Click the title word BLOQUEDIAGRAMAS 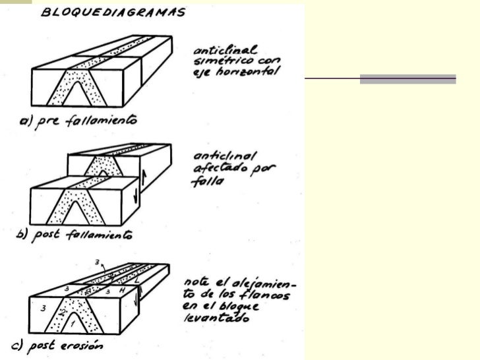pos(113,13)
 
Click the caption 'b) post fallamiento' pos(73,235)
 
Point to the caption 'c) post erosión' pos(67,345)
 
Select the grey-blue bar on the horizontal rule pos(407,79)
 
